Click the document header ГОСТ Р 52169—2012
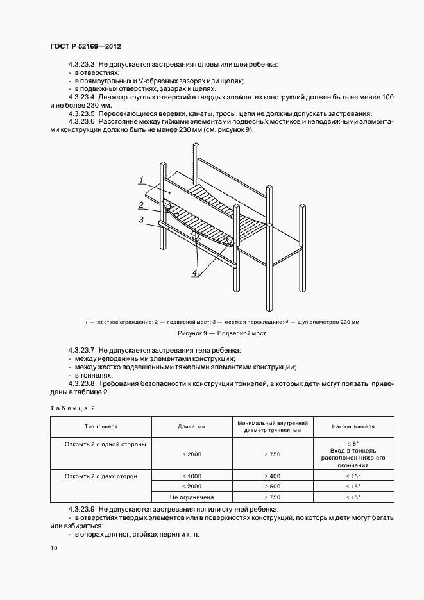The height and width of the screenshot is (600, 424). click(x=85, y=47)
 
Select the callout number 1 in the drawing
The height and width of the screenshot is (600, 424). click(x=140, y=180)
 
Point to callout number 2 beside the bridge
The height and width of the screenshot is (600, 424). click(x=140, y=205)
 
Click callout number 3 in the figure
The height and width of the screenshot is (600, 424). click(x=140, y=220)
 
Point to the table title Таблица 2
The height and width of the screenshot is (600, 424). click(x=72, y=408)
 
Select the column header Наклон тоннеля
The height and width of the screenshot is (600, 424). click(x=353, y=426)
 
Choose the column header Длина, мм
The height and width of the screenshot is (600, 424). click(x=191, y=426)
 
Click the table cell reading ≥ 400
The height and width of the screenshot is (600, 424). click(x=273, y=476)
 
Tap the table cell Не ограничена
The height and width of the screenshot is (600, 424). click(x=191, y=497)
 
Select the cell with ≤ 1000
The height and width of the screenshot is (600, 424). click(x=191, y=476)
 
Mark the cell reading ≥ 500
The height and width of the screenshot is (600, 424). click(x=273, y=487)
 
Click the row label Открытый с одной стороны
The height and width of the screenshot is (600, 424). click(x=105, y=444)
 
